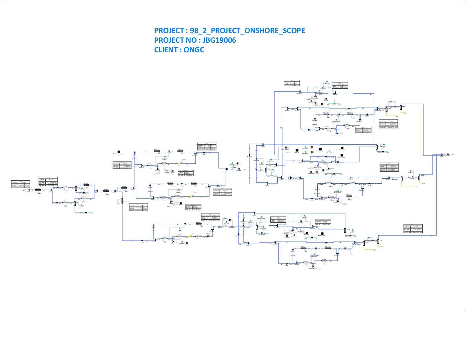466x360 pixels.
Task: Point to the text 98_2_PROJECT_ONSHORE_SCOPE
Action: (247, 31)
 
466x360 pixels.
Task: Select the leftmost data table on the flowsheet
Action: (20, 184)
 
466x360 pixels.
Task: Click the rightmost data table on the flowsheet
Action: (413, 229)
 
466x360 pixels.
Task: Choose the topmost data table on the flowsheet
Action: (292, 83)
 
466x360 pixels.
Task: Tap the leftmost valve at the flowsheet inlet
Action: (29, 190)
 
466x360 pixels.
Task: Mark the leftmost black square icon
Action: (119, 152)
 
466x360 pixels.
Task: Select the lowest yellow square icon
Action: (190, 237)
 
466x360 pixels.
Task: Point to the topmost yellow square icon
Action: (179, 163)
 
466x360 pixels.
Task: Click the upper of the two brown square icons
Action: (312, 148)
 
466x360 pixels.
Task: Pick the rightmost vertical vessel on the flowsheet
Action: (419, 177)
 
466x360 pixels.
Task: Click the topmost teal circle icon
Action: (327, 82)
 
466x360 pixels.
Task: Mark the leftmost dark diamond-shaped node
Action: (51, 190)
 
